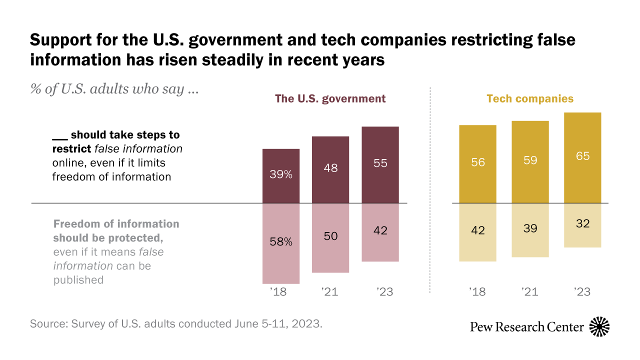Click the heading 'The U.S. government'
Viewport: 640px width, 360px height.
point(330,98)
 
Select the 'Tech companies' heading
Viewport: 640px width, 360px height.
point(530,98)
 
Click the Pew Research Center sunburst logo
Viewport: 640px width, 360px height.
point(599,327)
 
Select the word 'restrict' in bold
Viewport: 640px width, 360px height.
point(69,149)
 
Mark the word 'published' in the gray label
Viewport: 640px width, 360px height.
point(78,280)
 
